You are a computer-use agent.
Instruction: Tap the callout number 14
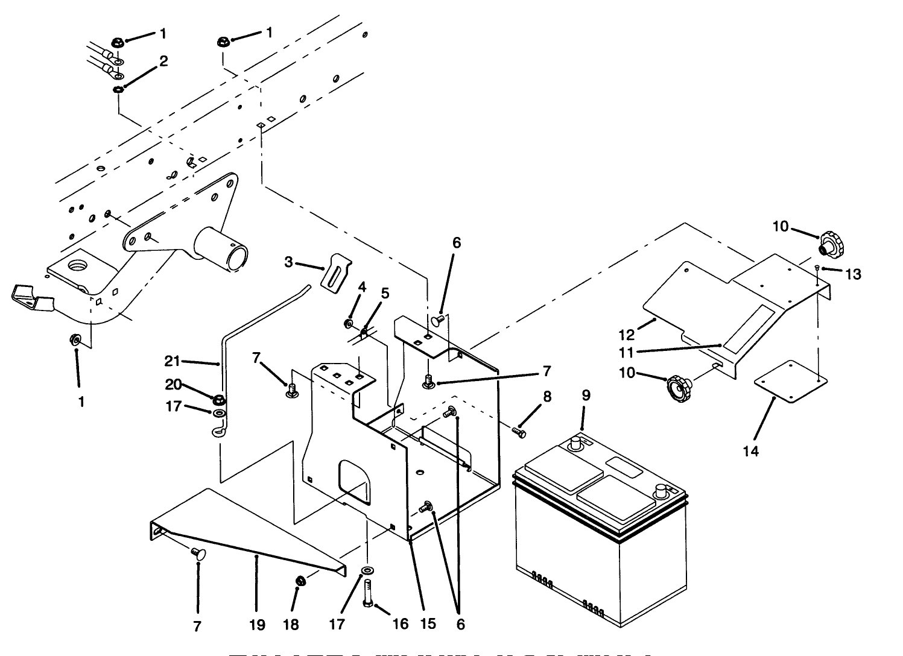[750, 451]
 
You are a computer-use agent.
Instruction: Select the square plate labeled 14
[790, 381]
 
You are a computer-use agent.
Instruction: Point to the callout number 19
[257, 625]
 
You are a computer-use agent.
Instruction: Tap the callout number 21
[173, 361]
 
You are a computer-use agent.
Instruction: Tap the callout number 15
[427, 625]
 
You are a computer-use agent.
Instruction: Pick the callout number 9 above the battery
[586, 396]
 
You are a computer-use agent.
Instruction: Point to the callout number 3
[289, 262]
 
